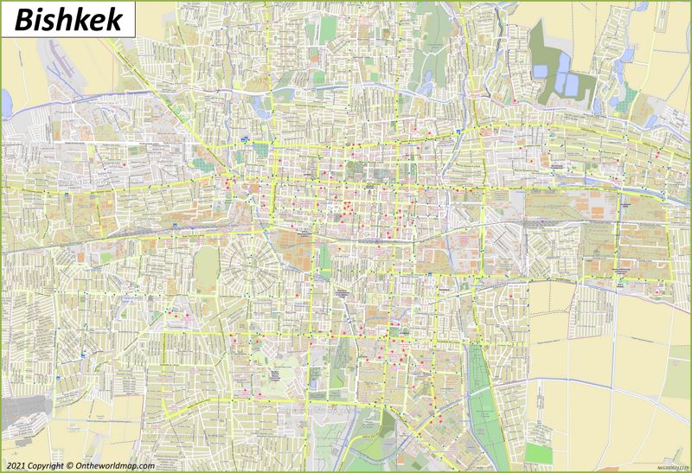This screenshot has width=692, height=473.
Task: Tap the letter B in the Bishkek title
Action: point(23,18)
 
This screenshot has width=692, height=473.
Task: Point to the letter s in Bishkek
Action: point(50,20)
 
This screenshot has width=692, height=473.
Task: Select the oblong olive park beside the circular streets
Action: point(206,270)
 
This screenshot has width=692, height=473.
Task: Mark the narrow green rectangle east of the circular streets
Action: point(324,257)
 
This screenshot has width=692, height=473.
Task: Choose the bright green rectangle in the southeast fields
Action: point(539,453)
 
